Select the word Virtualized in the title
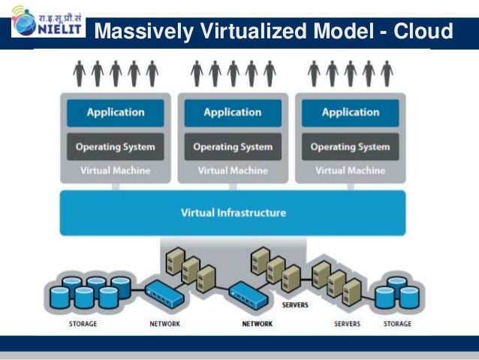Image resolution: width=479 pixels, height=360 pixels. (x=255, y=32)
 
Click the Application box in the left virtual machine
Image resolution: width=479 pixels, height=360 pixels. (x=115, y=113)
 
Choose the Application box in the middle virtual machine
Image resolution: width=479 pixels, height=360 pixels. (x=233, y=113)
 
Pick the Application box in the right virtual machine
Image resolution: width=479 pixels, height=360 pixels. (x=350, y=113)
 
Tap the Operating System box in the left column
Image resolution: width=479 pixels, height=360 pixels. (x=115, y=147)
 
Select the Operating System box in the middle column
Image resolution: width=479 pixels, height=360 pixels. (x=233, y=147)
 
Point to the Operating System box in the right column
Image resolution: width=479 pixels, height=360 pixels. (x=350, y=147)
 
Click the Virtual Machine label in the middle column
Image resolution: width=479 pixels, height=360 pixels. (x=233, y=171)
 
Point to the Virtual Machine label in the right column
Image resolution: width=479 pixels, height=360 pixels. (x=350, y=171)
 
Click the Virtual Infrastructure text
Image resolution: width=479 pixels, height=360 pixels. (x=233, y=213)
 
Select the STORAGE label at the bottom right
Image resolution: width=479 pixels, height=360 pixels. (x=397, y=324)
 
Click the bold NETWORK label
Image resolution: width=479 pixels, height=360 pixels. (x=257, y=324)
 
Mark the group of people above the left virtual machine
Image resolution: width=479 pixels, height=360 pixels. (x=115, y=73)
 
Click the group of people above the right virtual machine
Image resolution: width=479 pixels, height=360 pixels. (x=350, y=73)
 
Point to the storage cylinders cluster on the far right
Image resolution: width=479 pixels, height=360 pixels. (x=398, y=294)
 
